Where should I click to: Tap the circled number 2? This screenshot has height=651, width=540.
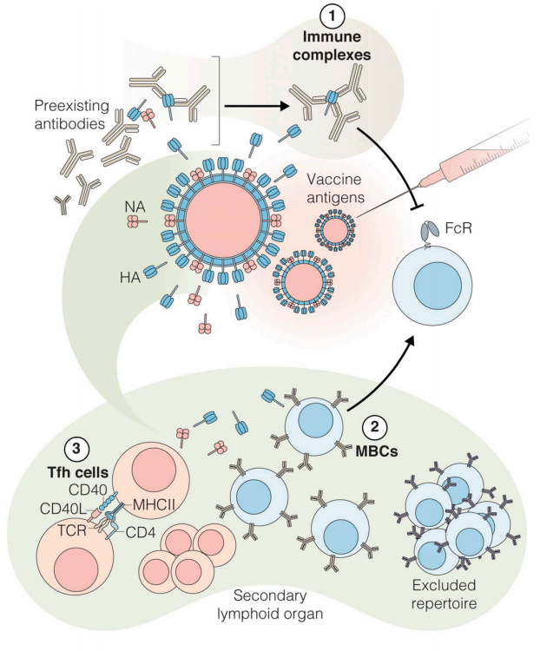pyautogui.click(x=375, y=427)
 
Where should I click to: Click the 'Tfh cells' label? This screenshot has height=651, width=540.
pyautogui.click(x=77, y=476)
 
